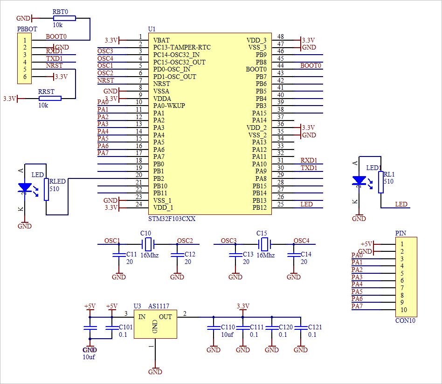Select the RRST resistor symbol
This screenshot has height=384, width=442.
pyautogui.click(x=50, y=98)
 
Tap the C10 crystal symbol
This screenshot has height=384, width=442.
pyautogui.click(x=148, y=244)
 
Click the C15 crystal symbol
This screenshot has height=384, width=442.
pyautogui.click(x=264, y=244)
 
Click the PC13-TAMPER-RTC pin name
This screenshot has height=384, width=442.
pyautogui.click(x=181, y=48)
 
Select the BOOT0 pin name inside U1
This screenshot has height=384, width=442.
pyautogui.click(x=256, y=70)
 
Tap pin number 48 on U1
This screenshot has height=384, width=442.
pyautogui.click(x=280, y=37)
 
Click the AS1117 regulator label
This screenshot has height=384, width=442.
pyautogui.click(x=159, y=306)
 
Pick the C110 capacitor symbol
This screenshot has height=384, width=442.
pyautogui.click(x=214, y=327)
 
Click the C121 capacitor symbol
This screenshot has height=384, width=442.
pyautogui.click(x=301, y=327)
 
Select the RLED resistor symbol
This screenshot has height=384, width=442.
pyautogui.click(x=46, y=189)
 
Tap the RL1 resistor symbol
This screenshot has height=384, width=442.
pyautogui.click(x=381, y=182)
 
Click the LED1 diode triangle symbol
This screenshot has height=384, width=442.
pyautogui.click(x=359, y=180)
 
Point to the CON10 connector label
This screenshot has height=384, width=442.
pyautogui.click(x=405, y=320)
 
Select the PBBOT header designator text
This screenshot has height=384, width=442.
pyautogui.click(x=26, y=29)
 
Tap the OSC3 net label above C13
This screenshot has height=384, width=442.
pyautogui.click(x=228, y=241)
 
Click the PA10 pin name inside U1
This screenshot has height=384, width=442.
pyautogui.click(x=259, y=164)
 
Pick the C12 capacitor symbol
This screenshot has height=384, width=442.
pyautogui.click(x=177, y=255)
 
